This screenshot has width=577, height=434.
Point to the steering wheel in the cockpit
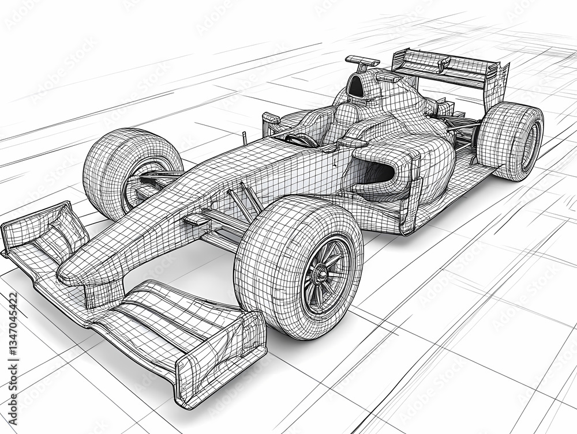pos(301,140)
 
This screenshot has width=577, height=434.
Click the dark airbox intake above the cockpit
pos(356,88)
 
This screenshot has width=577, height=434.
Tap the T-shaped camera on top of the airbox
pos(362,61)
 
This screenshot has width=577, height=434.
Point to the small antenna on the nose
pos(244,138)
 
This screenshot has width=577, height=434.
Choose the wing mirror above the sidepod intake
pos(352,143)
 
